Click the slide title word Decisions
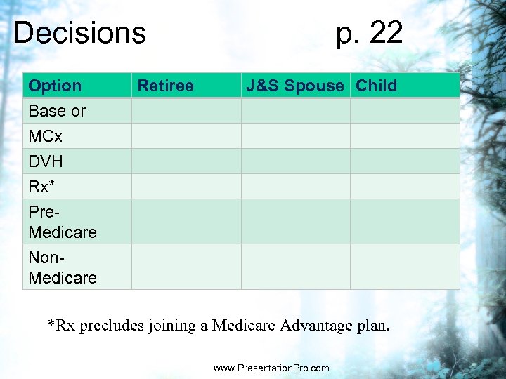(79, 33)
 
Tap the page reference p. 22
(370, 33)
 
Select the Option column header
(55, 86)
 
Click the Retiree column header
(165, 86)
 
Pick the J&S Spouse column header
(294, 86)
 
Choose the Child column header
(377, 86)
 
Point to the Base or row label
(57, 111)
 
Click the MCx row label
(46, 136)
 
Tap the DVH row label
(46, 161)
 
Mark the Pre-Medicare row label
(63, 222)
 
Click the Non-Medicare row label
(63, 267)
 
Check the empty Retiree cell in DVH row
(186, 161)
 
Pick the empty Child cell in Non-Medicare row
(405, 267)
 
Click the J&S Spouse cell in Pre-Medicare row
(296, 222)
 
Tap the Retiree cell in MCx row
(186, 136)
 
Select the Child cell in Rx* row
(405, 187)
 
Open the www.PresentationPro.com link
(271, 368)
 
